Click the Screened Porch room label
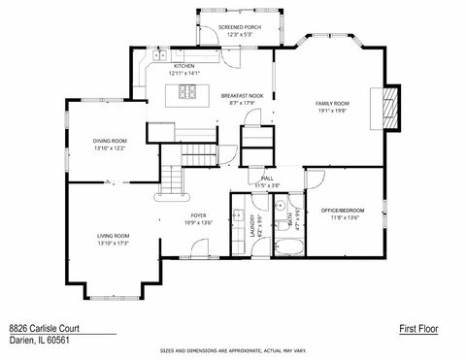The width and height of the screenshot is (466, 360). (239, 27)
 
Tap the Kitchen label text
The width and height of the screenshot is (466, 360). (184, 66)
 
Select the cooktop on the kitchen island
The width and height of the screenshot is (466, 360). (187, 94)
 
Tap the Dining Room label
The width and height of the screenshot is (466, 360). (110, 142)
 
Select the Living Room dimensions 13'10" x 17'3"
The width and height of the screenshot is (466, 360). (113, 243)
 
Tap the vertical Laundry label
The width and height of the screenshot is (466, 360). (251, 226)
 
